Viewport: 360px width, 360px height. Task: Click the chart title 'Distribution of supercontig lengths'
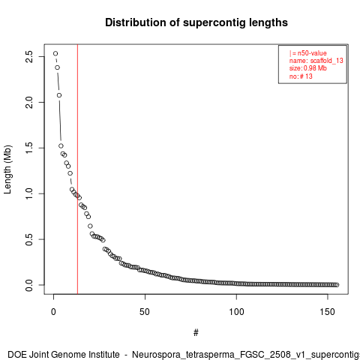tap(196, 22)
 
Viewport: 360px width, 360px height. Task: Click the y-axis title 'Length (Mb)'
tap(7, 169)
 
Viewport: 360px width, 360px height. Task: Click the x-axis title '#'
tap(196, 333)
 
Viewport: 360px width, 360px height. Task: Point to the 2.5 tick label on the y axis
tap(29, 56)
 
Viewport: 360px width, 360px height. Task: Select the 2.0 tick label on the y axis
tap(29, 102)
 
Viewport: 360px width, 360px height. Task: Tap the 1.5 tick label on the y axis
tap(29, 148)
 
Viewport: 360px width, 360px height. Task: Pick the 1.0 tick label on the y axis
tap(29, 193)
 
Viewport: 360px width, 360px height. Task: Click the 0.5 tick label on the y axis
tap(29, 239)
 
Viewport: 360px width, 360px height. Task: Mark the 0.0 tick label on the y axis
tap(29, 285)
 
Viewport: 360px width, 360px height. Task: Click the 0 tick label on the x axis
tap(53, 312)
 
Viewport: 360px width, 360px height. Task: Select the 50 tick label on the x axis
tap(145, 312)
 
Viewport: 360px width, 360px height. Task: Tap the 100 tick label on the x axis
tap(236, 312)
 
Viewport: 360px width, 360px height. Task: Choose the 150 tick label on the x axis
tap(328, 312)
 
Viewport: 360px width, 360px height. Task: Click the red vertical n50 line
tap(77, 169)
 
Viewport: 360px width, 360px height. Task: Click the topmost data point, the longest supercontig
tap(55, 53)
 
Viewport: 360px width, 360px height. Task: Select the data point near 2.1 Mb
tap(59, 95)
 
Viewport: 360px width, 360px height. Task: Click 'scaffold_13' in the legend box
tap(327, 61)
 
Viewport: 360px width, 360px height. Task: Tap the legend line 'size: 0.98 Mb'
tap(308, 68)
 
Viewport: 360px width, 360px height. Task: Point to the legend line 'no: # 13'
tap(301, 76)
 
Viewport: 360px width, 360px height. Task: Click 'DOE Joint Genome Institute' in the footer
tap(64, 355)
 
